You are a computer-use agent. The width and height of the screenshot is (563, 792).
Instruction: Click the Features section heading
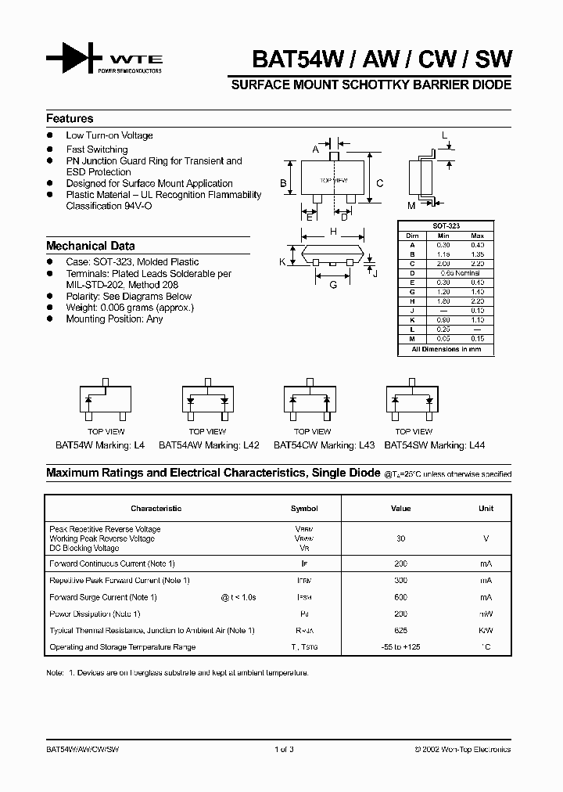(x=70, y=118)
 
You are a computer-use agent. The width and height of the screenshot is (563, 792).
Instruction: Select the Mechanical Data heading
(x=90, y=245)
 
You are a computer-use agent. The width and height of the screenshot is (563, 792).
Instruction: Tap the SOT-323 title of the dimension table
(x=446, y=225)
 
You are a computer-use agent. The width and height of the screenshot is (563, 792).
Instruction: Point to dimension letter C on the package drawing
(x=379, y=183)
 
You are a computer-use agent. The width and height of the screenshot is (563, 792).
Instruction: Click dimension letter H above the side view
(x=333, y=232)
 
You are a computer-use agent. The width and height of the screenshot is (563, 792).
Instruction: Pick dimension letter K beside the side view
(x=282, y=261)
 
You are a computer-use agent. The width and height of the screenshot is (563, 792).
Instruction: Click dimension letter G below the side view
(x=333, y=284)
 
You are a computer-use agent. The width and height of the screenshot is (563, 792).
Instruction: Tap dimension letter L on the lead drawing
(x=444, y=135)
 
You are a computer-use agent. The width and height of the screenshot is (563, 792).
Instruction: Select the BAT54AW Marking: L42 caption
(x=210, y=445)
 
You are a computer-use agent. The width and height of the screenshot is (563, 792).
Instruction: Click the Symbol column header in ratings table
(x=304, y=509)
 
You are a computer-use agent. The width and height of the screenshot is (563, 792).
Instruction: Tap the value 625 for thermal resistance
(x=400, y=630)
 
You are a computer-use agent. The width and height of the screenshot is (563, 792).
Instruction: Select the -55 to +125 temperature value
(x=400, y=647)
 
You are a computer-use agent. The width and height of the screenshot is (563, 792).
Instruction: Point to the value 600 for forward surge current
(x=400, y=597)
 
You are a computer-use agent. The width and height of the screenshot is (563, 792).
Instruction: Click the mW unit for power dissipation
(x=486, y=614)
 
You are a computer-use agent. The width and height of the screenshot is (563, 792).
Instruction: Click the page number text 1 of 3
(x=284, y=749)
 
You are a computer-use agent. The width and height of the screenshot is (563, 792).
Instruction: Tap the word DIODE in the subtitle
(x=491, y=85)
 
